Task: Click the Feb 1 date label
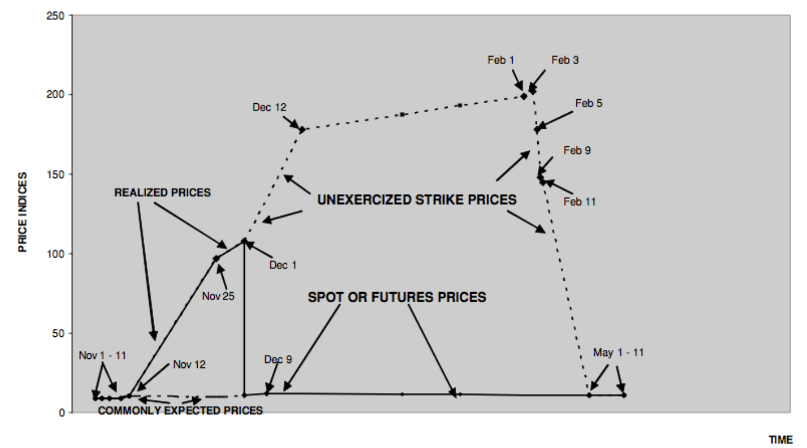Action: (x=501, y=60)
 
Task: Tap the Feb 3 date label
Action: (x=564, y=60)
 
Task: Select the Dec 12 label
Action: (x=270, y=107)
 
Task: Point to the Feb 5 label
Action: (x=589, y=104)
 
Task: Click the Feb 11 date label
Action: (x=580, y=201)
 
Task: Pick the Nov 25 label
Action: (x=218, y=296)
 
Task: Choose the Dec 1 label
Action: (x=283, y=265)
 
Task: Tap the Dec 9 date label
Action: (x=278, y=360)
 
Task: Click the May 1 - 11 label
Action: (x=618, y=353)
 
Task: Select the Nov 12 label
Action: (x=189, y=365)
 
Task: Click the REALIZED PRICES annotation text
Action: (x=162, y=193)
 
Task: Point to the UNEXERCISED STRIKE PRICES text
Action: (x=417, y=200)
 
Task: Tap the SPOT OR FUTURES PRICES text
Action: (x=397, y=297)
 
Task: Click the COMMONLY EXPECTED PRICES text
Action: (x=180, y=410)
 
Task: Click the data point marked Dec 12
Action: (x=302, y=130)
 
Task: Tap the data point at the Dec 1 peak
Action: (x=244, y=241)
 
